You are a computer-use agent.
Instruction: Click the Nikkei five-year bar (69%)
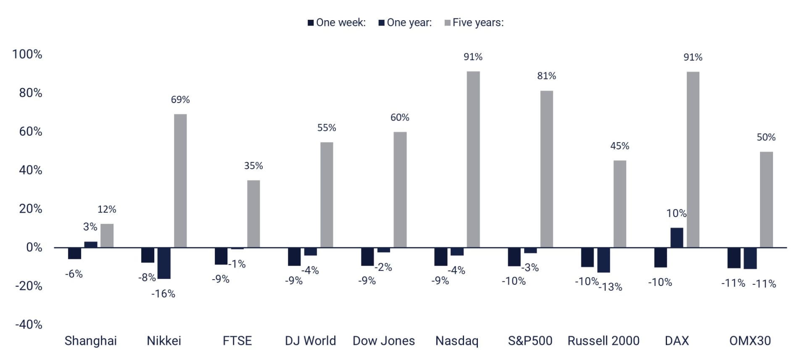(x=180, y=181)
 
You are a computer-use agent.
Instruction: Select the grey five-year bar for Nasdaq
(x=473, y=159)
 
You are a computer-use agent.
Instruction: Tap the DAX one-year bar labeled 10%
(x=676, y=238)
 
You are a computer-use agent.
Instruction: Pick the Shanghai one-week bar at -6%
(x=74, y=253)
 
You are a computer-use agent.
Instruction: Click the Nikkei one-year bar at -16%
(x=164, y=263)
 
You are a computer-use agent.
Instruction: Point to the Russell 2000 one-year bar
(x=603, y=260)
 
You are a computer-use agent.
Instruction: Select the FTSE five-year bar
(x=253, y=214)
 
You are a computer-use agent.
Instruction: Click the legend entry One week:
(x=337, y=23)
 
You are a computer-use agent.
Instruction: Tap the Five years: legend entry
(x=474, y=23)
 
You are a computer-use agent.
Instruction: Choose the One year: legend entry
(x=405, y=23)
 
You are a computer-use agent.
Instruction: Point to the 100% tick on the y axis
(x=27, y=54)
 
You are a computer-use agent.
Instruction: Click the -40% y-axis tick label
(x=29, y=325)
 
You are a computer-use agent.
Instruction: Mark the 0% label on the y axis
(x=34, y=247)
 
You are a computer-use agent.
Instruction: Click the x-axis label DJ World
(x=310, y=341)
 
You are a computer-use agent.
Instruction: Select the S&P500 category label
(x=530, y=341)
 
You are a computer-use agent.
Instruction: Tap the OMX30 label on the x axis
(x=750, y=341)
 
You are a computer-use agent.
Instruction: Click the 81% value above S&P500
(x=546, y=76)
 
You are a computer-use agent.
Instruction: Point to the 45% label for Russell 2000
(x=620, y=146)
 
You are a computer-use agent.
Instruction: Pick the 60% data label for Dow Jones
(x=400, y=117)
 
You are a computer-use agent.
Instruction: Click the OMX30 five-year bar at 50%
(x=766, y=199)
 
